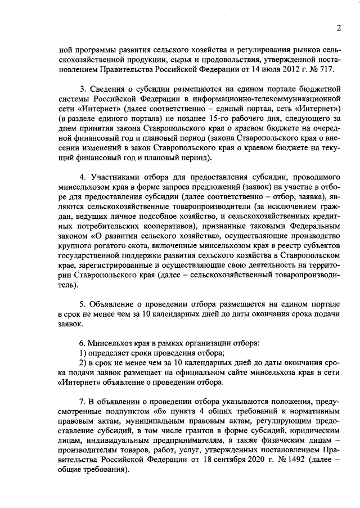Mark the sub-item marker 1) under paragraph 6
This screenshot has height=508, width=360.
82,353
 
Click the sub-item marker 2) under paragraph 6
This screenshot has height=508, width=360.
82,363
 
